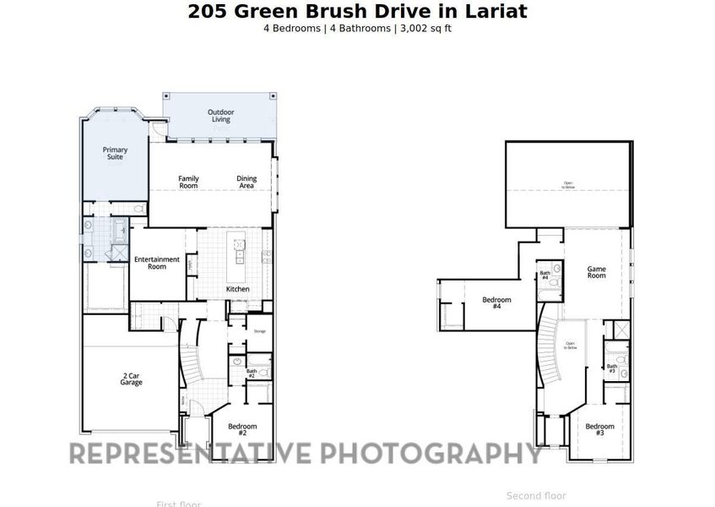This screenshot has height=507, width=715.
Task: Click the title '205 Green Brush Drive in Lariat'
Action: (x=357, y=11)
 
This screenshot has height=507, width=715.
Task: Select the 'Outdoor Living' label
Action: (x=221, y=116)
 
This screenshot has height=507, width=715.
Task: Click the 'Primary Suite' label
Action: (x=115, y=153)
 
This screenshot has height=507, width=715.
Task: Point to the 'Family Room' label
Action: (x=188, y=182)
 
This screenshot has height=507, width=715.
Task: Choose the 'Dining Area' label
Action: (x=246, y=182)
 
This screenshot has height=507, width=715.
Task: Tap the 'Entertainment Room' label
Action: (x=157, y=263)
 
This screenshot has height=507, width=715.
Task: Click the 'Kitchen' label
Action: (x=238, y=289)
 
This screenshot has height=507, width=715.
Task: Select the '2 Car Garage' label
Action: (x=131, y=379)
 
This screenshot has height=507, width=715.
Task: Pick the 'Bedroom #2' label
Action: (x=241, y=430)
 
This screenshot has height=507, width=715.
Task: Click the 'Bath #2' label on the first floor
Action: (x=252, y=373)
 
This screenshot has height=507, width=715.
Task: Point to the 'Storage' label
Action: (x=259, y=331)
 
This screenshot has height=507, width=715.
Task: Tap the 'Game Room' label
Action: (x=597, y=272)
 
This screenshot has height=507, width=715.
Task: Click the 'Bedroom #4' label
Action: (x=496, y=303)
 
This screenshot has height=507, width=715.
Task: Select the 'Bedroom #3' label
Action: (x=599, y=429)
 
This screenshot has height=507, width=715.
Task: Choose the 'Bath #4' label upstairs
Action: (x=544, y=275)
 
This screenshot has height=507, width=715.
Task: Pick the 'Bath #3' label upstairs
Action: (x=612, y=368)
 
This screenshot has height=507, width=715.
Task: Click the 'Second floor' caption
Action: (x=536, y=496)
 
